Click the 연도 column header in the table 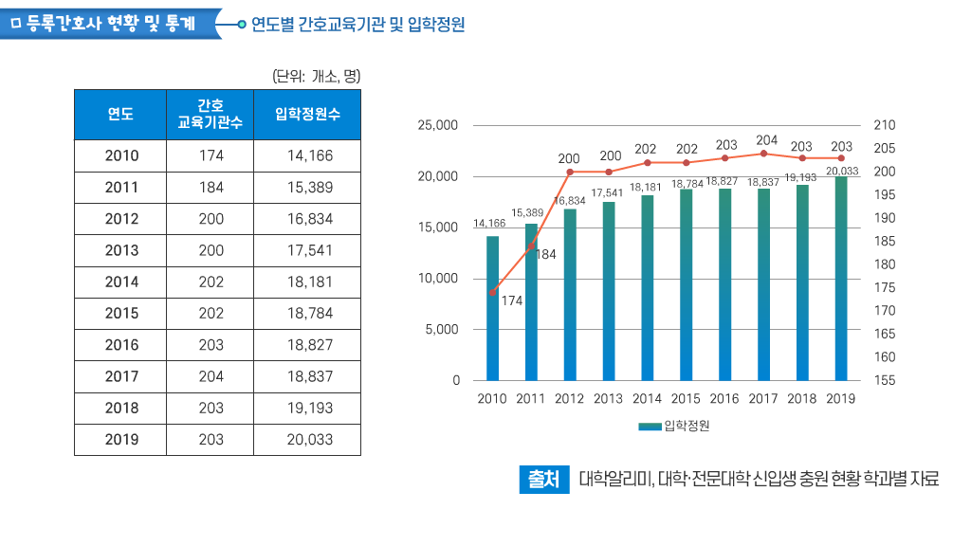(120, 115)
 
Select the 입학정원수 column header (307, 115)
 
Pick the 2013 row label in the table (121, 250)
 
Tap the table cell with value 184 (211, 188)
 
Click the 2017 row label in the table (121, 376)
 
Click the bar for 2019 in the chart (841, 279)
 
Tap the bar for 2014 (648, 288)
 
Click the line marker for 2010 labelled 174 (492, 293)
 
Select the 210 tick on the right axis (884, 125)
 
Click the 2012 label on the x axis (570, 399)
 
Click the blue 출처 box (542, 480)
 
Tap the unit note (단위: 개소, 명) (317, 76)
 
